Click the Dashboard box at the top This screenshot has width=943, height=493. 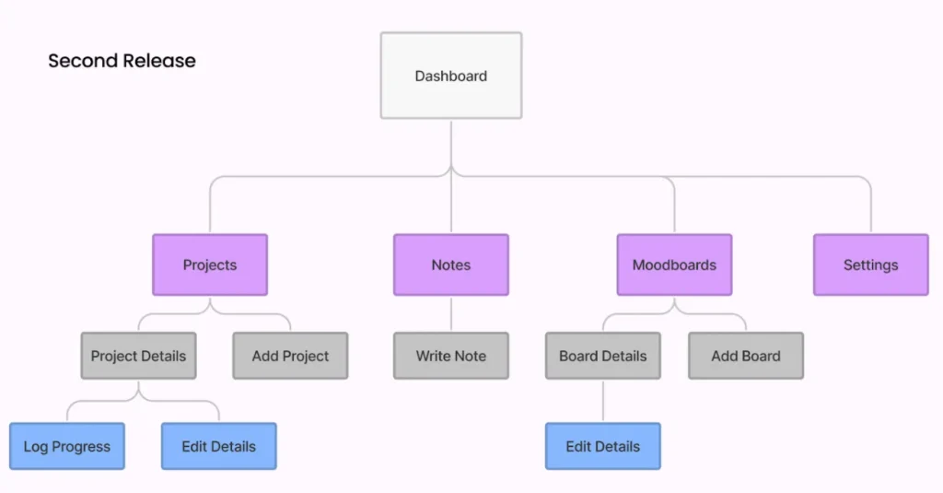point(451,76)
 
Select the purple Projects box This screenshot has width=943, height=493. point(210,264)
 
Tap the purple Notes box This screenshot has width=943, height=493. point(451,264)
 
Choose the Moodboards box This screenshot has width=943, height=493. point(674,264)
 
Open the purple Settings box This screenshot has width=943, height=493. point(870,264)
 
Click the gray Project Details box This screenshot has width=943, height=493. point(138,356)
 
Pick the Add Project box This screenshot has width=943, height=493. point(290,356)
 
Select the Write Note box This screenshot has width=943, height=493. point(451,356)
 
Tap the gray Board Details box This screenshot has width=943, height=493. point(603,356)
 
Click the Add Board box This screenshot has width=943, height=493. point(746,356)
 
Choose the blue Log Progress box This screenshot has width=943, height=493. point(67,446)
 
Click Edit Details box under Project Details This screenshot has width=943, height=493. point(218,446)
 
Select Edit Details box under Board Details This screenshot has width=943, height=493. point(603,446)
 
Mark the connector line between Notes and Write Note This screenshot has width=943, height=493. point(451,314)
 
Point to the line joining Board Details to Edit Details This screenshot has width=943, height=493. point(603,401)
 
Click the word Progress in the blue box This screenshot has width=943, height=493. point(81,447)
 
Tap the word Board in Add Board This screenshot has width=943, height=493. point(762,356)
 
